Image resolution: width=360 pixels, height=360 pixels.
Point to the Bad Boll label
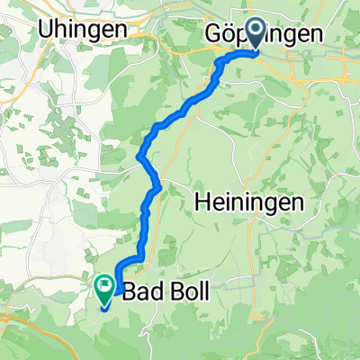coord(157,292)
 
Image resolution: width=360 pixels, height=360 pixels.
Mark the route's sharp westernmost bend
coord(139,159)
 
